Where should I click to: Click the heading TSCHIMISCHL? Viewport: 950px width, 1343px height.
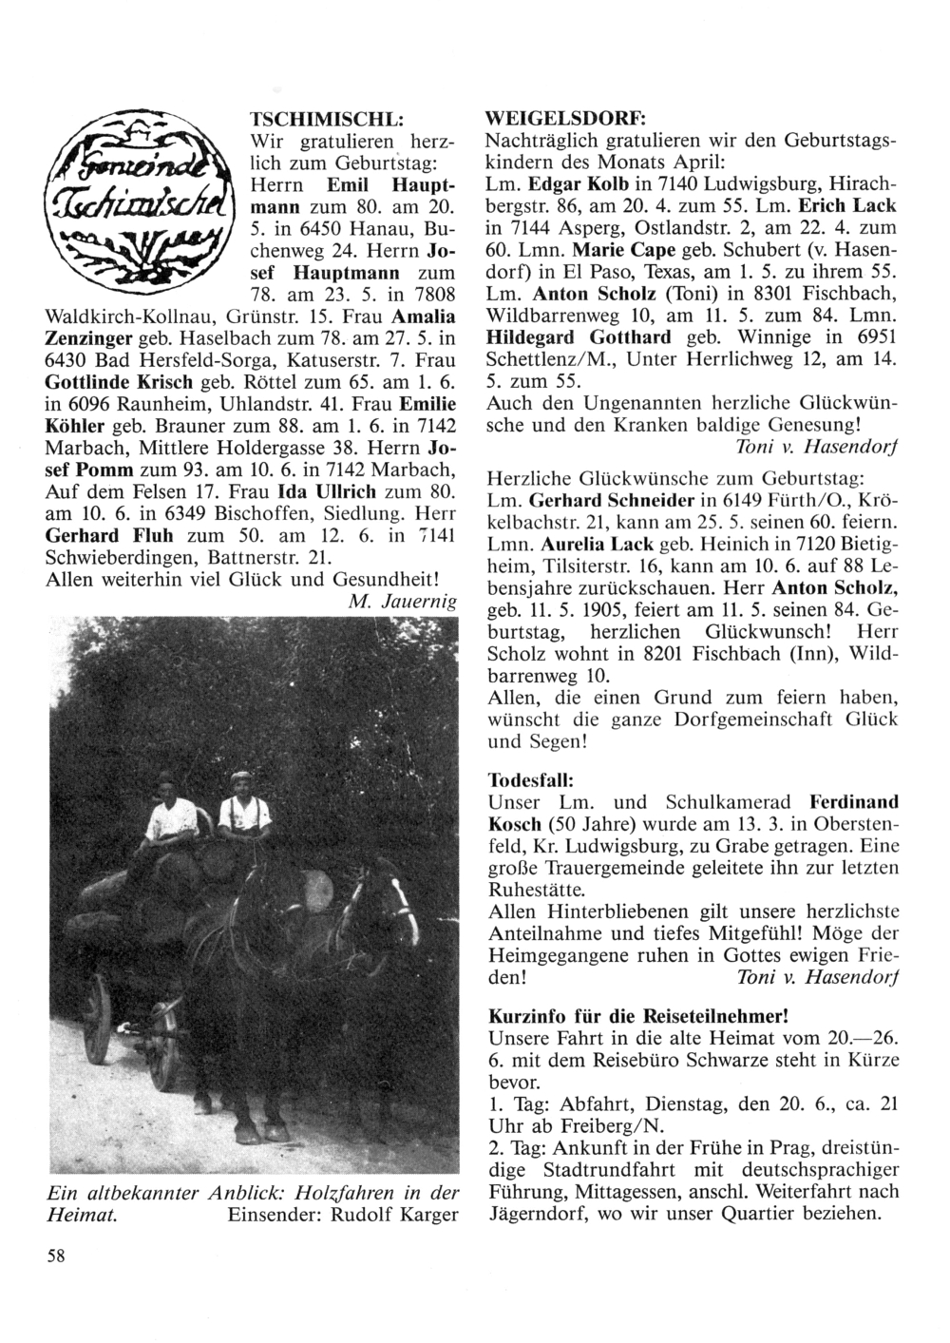click(327, 121)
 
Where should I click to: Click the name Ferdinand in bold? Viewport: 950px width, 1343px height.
click(851, 800)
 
